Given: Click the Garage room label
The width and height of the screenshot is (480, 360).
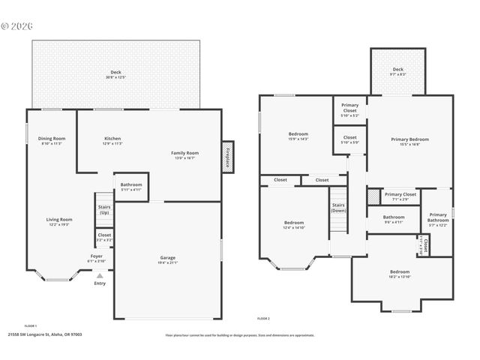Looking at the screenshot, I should pos(168,258).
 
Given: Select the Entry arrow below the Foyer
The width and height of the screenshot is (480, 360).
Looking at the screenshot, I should pos(100,276).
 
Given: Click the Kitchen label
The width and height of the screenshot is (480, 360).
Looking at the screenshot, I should pos(112,139).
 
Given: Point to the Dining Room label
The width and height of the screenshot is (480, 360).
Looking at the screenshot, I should pos(52,139).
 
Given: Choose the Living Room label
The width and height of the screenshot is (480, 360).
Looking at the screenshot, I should pos(59,220).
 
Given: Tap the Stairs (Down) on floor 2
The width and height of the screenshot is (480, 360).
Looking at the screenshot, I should pos(338,207).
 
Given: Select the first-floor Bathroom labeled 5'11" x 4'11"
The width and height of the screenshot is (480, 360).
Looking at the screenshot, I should pos(131,184).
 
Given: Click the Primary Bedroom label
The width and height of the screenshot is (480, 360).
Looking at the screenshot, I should pos(409,139).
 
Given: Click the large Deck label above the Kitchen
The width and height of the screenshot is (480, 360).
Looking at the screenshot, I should pos(115,73).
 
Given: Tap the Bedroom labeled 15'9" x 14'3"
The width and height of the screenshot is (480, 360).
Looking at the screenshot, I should pos(298,135).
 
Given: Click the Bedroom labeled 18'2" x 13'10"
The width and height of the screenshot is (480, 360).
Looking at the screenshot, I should pos(399,272).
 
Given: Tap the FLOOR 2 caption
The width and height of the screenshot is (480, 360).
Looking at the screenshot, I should pos(263,319).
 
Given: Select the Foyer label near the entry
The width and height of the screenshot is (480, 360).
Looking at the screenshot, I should pos(97,256).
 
